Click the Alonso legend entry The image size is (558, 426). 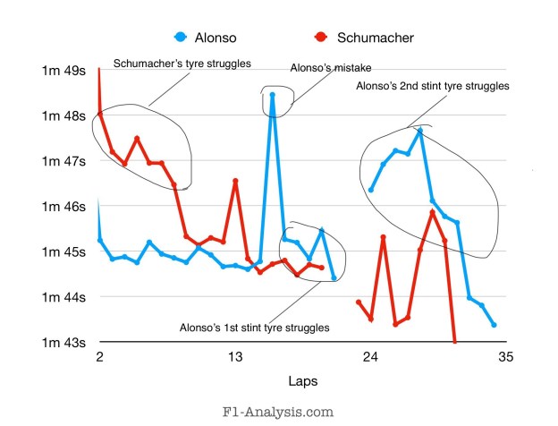pos(206,37)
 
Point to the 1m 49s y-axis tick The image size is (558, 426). pos(65,71)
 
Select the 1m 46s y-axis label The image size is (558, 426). pos(65,206)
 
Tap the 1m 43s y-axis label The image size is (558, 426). pos(65,342)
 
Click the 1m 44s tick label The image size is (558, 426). pos(65,296)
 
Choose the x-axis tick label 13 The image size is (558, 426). pos(234,357)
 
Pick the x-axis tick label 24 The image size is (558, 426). pos(369,357)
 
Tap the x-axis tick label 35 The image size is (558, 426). pos(505,357)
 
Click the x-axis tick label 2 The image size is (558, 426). pos(99,357)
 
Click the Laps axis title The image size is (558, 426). pos(301,381)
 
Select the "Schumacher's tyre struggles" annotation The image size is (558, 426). pos(182,64)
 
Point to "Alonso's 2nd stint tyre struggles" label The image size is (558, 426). pos(432,87)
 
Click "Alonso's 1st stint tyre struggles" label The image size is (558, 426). pos(255,328)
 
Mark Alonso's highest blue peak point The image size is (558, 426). pos(273,94)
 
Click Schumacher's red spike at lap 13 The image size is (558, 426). pos(235,181)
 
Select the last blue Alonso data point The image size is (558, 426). pos(495,325)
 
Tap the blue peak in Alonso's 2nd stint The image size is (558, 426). pos(419,132)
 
